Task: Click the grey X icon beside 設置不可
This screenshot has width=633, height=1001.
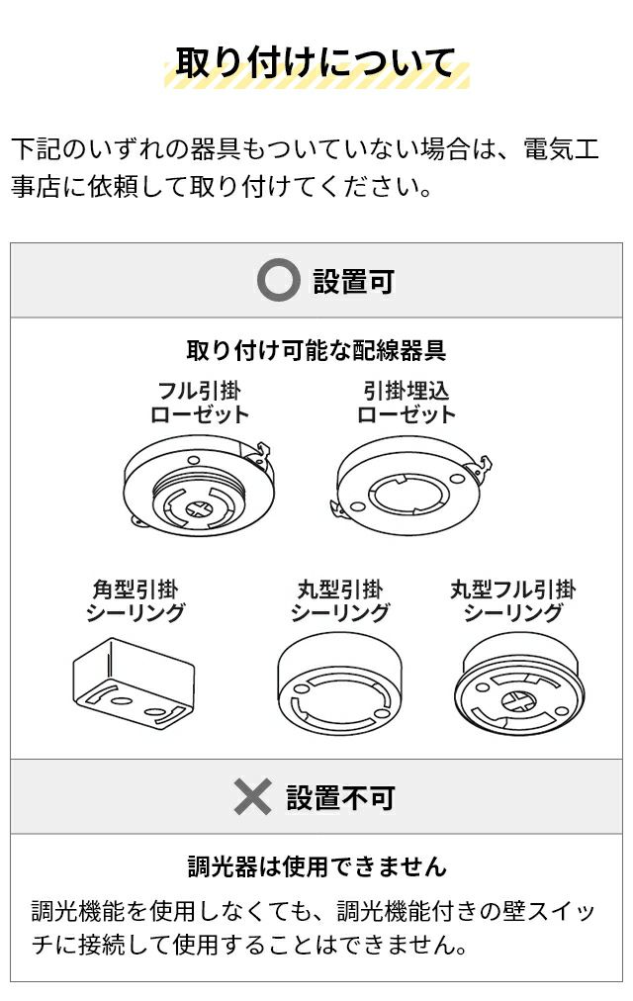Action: (x=252, y=796)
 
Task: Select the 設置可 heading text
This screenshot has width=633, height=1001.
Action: (x=353, y=281)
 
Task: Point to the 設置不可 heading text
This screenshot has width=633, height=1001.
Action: (x=340, y=797)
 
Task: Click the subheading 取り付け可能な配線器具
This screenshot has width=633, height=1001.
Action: (x=316, y=350)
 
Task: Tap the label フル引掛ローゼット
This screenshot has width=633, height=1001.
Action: (x=199, y=403)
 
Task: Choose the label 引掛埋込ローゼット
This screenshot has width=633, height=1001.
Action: (x=407, y=403)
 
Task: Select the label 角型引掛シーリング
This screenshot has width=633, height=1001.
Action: (x=136, y=600)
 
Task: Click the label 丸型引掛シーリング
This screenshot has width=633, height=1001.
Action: (x=340, y=600)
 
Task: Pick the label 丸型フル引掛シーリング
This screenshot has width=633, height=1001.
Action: (x=513, y=600)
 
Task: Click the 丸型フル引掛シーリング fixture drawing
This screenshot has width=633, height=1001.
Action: (x=518, y=686)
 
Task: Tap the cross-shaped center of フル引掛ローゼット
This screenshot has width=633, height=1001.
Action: (x=201, y=509)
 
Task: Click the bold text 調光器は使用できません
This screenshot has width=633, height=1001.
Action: (x=317, y=866)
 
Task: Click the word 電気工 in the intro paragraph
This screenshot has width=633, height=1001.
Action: (x=561, y=148)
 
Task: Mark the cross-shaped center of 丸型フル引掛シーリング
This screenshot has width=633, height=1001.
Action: (x=518, y=702)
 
